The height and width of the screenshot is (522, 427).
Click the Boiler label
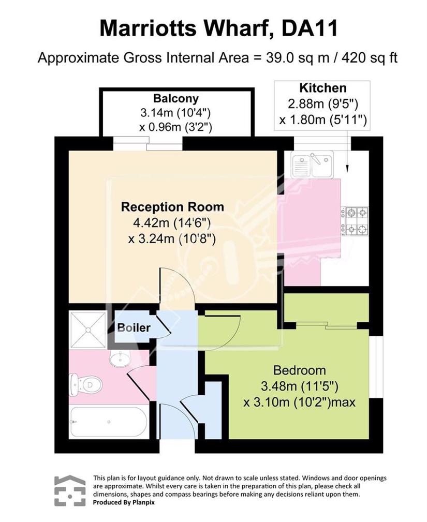point(134,327)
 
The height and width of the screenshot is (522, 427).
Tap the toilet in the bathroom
point(84,384)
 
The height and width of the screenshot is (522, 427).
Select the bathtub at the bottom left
point(108,422)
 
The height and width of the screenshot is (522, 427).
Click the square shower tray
point(88,330)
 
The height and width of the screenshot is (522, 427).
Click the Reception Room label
point(172,207)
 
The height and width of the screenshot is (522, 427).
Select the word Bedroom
point(300,370)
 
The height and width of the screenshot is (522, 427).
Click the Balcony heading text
point(176,98)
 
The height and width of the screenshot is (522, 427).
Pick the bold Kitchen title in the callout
point(323,88)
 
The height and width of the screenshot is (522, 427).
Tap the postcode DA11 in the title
point(310,28)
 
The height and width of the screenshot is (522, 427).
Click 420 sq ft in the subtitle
point(370,58)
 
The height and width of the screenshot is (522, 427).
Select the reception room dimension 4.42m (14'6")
point(172,222)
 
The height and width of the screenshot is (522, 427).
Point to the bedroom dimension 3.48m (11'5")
point(300,386)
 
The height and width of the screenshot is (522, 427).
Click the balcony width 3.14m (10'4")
point(175,113)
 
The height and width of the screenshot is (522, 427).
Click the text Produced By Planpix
point(124,502)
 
